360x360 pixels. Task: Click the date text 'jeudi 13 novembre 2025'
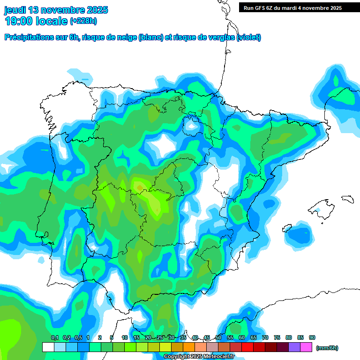56,10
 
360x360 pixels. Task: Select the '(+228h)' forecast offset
83,21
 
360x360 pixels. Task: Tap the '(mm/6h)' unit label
327,348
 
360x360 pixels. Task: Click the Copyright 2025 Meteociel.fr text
199,357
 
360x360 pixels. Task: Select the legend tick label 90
312,337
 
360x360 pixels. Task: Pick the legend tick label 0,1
54,337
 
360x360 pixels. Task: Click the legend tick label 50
218,337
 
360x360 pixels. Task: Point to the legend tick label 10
125,337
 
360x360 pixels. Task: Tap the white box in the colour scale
48,347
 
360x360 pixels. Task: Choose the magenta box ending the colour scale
306,347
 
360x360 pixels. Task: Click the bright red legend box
247,347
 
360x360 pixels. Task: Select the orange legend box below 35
189,347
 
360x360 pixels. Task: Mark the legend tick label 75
277,337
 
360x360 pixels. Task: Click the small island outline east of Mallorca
347,199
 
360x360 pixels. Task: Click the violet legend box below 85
294,347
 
